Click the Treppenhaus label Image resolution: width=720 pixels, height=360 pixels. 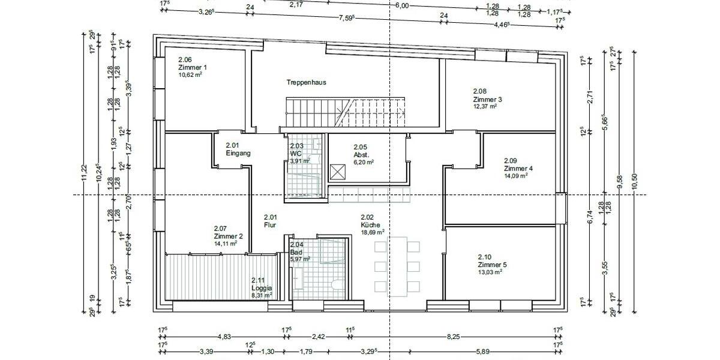[306, 82]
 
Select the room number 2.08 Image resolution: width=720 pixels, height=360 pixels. [479, 91]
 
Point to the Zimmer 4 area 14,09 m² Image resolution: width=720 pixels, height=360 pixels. [515, 176]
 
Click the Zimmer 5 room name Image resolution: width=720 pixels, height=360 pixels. [492, 265]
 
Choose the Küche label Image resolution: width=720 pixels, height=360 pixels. [370, 224]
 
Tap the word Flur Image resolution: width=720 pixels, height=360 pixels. [270, 224]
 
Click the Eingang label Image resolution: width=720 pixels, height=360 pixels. [238, 153]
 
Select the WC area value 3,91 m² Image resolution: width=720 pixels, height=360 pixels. [299, 161]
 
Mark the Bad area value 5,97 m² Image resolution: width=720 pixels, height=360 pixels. [300, 259]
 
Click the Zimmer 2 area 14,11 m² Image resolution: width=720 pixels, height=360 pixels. [225, 244]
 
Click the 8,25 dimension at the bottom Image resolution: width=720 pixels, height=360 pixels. [453, 337]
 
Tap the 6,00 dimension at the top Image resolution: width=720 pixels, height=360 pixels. [401, 5]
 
